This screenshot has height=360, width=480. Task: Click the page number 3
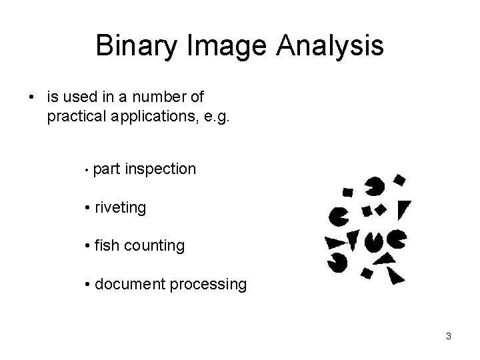449,336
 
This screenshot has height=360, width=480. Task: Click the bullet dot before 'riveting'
89,208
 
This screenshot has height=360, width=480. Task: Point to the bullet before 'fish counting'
89,246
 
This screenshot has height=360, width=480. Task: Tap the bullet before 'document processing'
89,285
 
